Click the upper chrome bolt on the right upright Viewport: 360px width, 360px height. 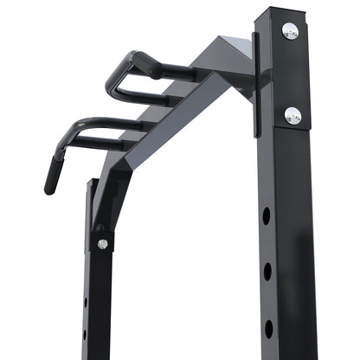(x=290, y=31)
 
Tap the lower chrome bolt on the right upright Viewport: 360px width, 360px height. (x=292, y=114)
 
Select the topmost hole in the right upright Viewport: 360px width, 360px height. (x=267, y=215)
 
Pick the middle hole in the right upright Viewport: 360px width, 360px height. (x=267, y=272)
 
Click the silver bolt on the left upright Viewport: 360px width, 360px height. (x=102, y=244)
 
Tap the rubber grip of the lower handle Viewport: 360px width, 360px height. (x=54, y=173)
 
